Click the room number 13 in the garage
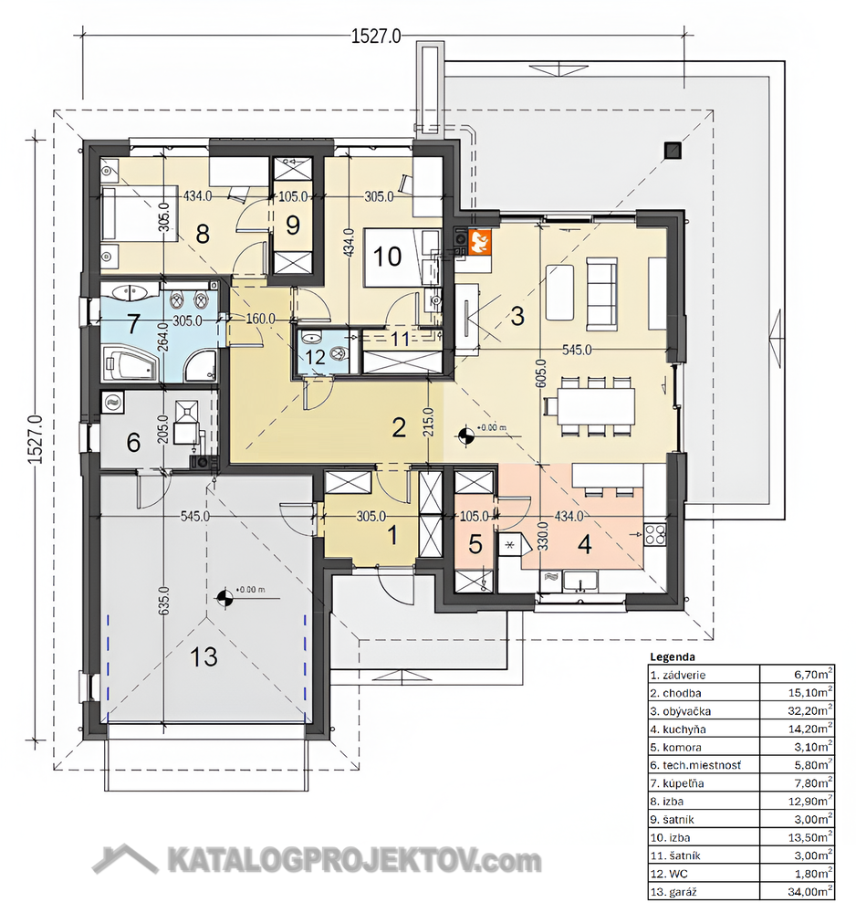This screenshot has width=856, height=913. (204, 656)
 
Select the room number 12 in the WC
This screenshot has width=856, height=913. (316, 356)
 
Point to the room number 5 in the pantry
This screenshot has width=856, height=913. (475, 544)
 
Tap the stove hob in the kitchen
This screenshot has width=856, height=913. (654, 534)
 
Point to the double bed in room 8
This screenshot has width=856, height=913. (139, 213)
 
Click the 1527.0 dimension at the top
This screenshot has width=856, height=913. (376, 37)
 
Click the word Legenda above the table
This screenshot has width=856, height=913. (672, 656)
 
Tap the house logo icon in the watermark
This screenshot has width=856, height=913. (125, 859)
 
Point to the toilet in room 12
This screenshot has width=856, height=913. (338, 352)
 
